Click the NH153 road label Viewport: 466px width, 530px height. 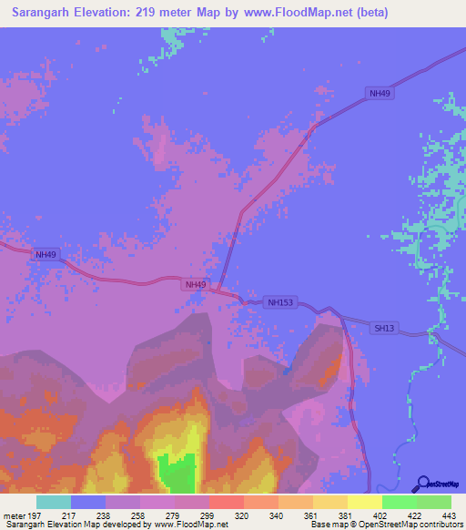coord(280,302)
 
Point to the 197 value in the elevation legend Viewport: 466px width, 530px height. coord(35,515)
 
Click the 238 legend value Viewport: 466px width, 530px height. coord(105,515)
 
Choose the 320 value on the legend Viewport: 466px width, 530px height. coord(243,515)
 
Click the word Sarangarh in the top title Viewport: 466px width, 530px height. coord(46,13)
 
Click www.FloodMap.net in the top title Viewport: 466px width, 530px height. coord(297,13)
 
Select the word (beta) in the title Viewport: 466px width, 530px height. coord(370,13)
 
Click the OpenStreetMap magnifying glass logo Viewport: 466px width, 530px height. coord(421,484)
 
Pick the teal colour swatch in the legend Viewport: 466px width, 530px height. coord(54,502)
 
